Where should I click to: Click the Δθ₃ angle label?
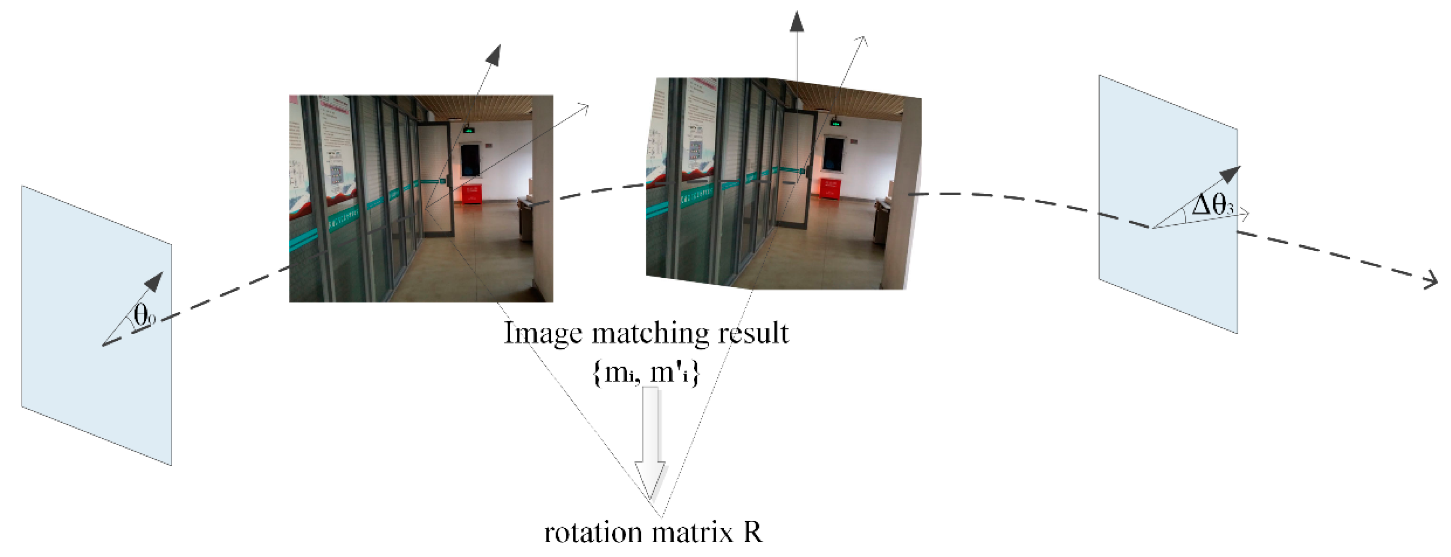pos(1212,204)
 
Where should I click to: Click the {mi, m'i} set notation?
pos(646,372)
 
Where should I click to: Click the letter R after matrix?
pos(753,532)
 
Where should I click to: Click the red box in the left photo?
pos(472,193)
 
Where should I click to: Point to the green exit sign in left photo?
pos(469,130)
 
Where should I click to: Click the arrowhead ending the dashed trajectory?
pos(1432,280)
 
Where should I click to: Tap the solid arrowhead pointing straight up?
pos(796,21)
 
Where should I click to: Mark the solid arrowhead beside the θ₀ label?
pos(154,282)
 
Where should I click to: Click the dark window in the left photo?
pos(469,160)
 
